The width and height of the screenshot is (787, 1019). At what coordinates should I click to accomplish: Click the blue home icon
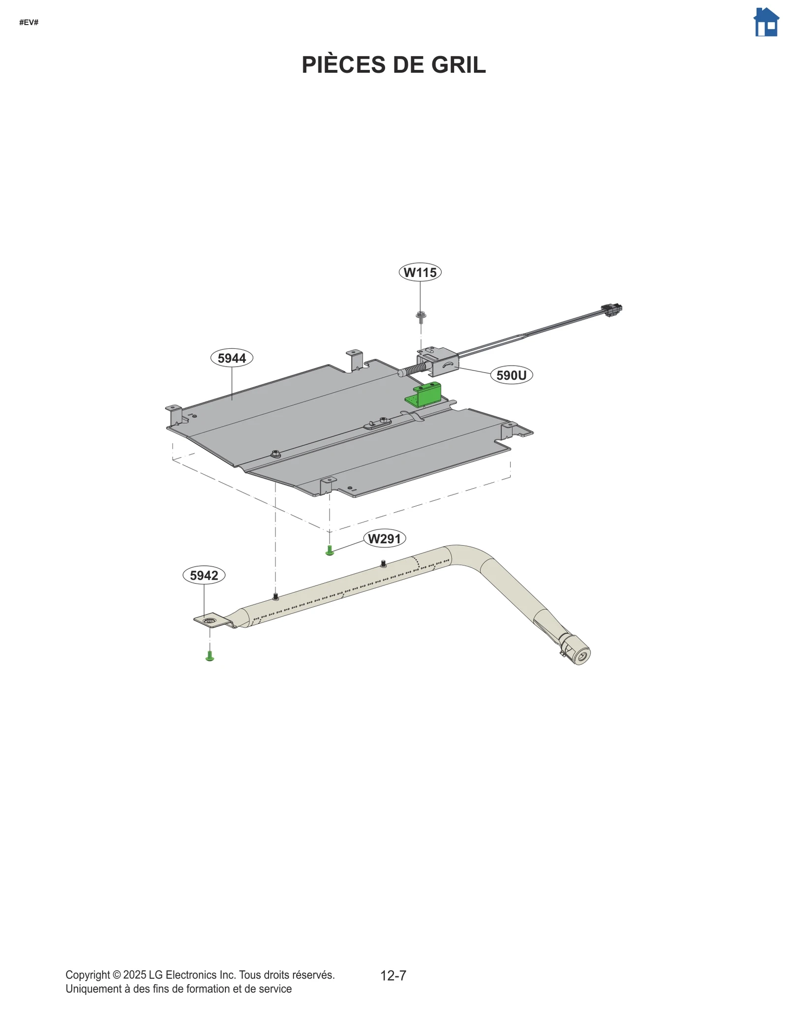(x=766, y=22)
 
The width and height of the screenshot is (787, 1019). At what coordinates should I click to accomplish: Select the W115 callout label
(x=420, y=272)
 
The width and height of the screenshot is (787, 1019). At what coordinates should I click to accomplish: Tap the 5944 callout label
(x=232, y=358)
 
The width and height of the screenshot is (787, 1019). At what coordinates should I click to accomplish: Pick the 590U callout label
(x=511, y=375)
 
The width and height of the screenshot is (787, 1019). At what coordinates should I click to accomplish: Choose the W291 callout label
(x=384, y=539)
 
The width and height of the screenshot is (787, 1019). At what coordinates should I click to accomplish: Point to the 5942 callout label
(x=204, y=575)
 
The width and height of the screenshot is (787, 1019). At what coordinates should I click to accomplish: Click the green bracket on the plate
(x=424, y=395)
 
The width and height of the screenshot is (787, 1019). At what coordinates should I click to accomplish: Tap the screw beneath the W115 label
(x=421, y=316)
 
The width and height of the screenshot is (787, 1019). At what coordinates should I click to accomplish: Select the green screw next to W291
(x=330, y=551)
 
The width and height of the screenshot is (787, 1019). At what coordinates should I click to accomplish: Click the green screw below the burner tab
(x=210, y=656)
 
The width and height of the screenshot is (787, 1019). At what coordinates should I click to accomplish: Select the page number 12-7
(x=393, y=975)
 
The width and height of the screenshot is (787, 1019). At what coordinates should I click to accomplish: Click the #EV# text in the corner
(x=29, y=23)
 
